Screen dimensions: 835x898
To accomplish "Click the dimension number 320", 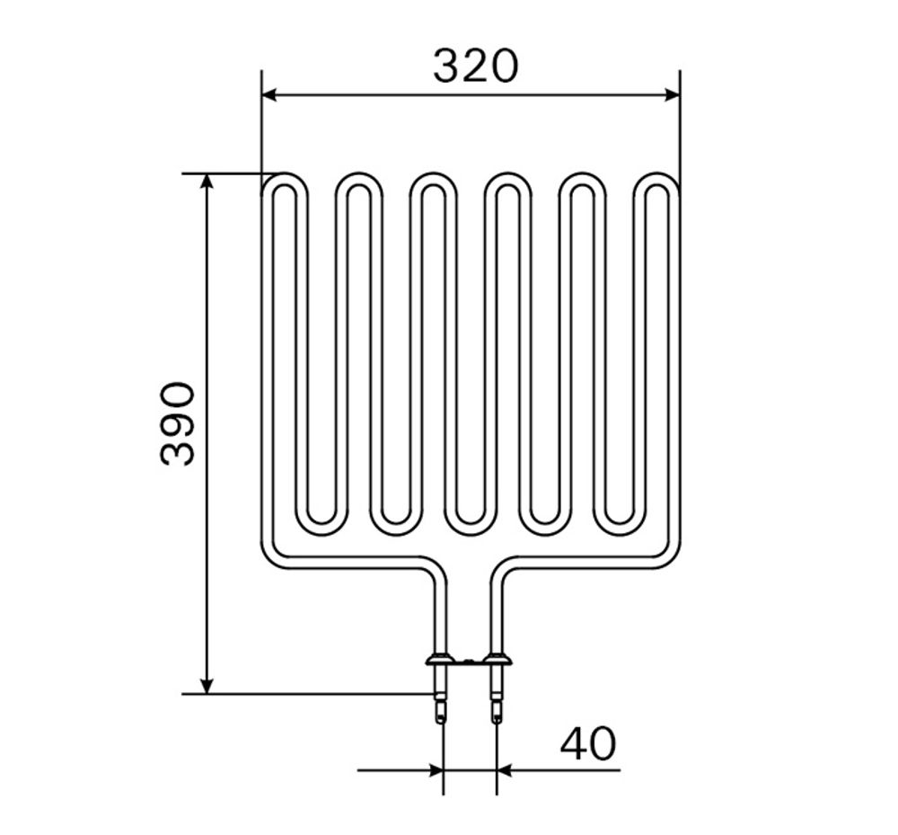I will coord(475,66).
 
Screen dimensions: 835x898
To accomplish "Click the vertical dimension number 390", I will coord(178,423).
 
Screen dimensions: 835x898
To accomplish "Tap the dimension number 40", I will coord(588,744).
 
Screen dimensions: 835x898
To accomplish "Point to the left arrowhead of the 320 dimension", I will coord(269,95).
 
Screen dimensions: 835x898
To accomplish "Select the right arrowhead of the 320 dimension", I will coord(672,95).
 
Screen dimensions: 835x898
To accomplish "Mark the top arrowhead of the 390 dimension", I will coord(207,182).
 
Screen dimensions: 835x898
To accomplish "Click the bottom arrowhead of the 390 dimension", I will coord(207,686).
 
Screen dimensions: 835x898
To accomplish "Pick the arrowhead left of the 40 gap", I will coord(436,770).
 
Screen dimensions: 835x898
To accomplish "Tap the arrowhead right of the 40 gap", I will coord(504,770).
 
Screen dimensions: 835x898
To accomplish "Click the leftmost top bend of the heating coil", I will coord(286,181).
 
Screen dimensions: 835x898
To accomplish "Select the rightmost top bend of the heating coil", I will coord(656,181).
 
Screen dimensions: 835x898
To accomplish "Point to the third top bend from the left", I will coord(434,181).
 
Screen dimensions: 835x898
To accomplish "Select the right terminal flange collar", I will coord(497,662).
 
